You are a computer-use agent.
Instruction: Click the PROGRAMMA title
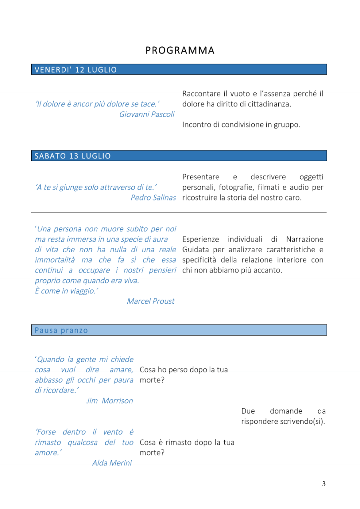pos(180,50)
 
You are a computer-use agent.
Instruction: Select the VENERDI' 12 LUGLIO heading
pos(76,70)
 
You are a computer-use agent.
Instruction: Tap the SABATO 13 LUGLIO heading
pos(72,156)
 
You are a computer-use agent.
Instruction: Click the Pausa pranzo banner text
pos(61,330)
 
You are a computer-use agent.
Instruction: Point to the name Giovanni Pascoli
pos(147,114)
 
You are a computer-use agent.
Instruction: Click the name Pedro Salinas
pos(153,198)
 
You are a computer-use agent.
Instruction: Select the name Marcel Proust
pos(151,301)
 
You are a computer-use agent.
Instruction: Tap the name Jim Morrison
pos(109,401)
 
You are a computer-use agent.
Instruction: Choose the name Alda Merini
pos(112,463)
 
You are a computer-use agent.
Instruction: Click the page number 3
pos(324,484)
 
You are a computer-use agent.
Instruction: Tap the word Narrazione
pos(304,239)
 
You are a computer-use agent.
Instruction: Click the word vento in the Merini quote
pos(113,432)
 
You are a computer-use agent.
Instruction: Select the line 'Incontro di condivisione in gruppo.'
pos(241,124)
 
